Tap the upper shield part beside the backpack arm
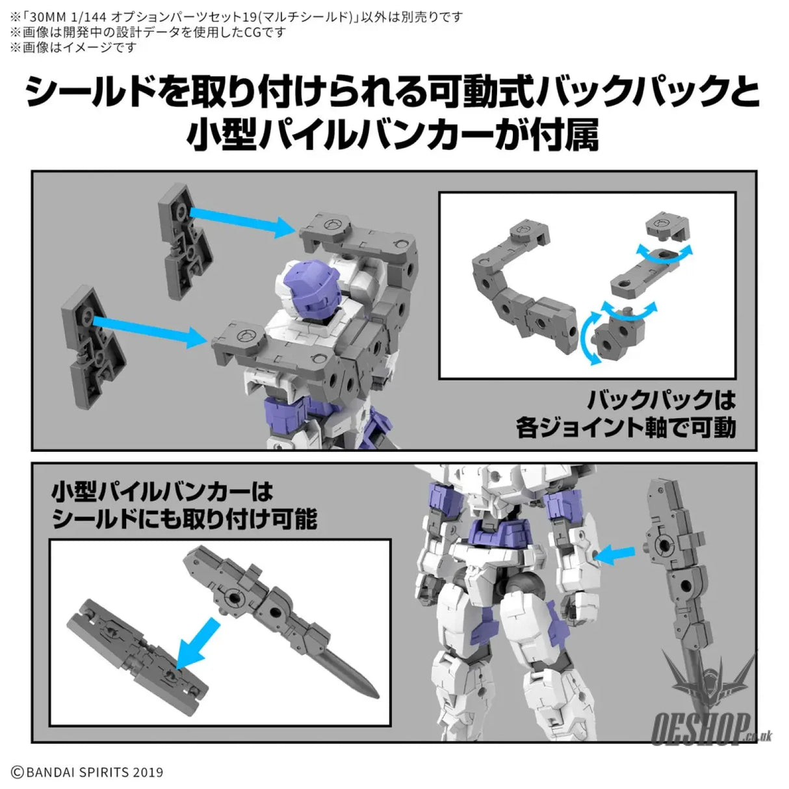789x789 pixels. (185, 241)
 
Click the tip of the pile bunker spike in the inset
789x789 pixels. (378, 696)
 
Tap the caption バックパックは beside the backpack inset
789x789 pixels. (662, 400)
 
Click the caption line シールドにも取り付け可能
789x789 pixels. (184, 519)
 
